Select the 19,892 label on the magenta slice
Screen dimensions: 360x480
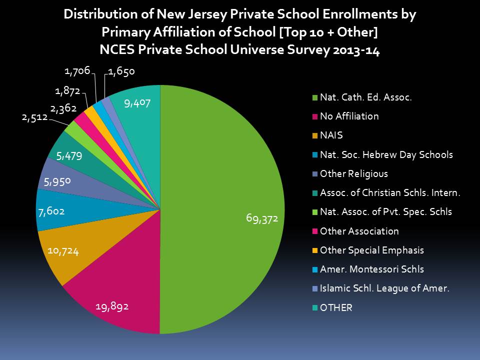click(112, 306)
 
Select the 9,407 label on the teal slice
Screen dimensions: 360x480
click(137, 103)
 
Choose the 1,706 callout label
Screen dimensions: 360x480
click(77, 71)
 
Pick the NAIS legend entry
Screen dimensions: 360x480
click(331, 135)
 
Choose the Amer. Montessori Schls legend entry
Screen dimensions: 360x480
click(371, 269)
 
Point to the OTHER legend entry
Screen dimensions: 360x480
click(336, 307)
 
